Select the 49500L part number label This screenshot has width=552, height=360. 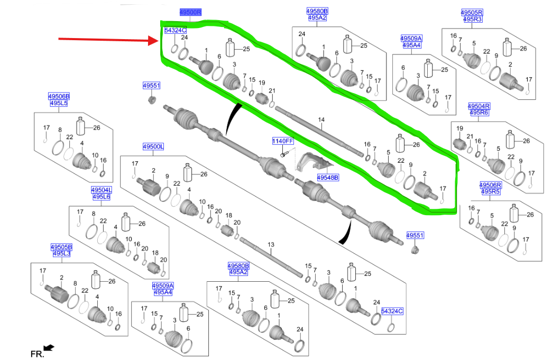pyautogui.click(x=153, y=146)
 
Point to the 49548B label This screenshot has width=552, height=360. pyautogui.click(x=328, y=178)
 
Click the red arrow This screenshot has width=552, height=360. pyautogui.click(x=106, y=39)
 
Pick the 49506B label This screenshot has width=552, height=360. pyautogui.click(x=59, y=96)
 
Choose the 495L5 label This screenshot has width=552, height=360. pyautogui.click(x=59, y=103)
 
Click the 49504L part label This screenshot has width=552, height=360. pyautogui.click(x=101, y=190)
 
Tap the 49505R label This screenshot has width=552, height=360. pyautogui.click(x=472, y=12)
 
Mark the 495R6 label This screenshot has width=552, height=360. pyautogui.click(x=479, y=113)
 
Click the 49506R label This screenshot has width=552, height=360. pyautogui.click(x=490, y=184)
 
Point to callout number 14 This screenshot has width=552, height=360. pyautogui.click(x=320, y=121)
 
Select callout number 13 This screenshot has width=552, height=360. pyautogui.click(x=271, y=245)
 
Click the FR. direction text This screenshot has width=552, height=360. pyautogui.click(x=36, y=354)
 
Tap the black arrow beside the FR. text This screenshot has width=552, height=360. pyautogui.click(x=49, y=347)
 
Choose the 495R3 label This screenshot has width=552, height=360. pyautogui.click(x=473, y=19)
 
